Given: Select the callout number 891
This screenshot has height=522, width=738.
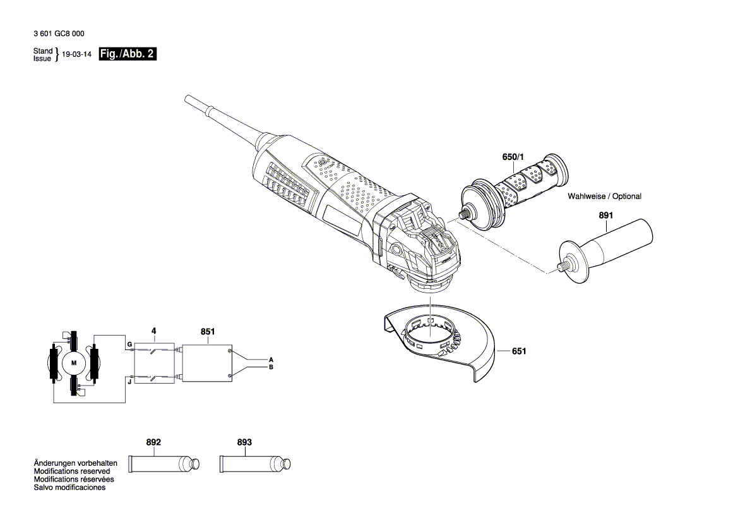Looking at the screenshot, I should coord(605,215).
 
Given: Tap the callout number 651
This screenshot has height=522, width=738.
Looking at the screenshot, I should coord(518,351).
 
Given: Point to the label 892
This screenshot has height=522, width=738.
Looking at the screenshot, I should coord(153,442).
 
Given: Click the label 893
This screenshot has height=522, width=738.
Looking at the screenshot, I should coord(244,442).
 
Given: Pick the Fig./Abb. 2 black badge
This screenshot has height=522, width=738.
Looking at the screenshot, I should coord(128,54).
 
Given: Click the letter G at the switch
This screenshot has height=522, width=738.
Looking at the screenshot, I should coord(129,344).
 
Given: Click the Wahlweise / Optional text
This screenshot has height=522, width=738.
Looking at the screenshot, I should coord(604,197).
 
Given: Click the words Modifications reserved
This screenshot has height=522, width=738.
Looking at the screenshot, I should coord(71,471).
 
